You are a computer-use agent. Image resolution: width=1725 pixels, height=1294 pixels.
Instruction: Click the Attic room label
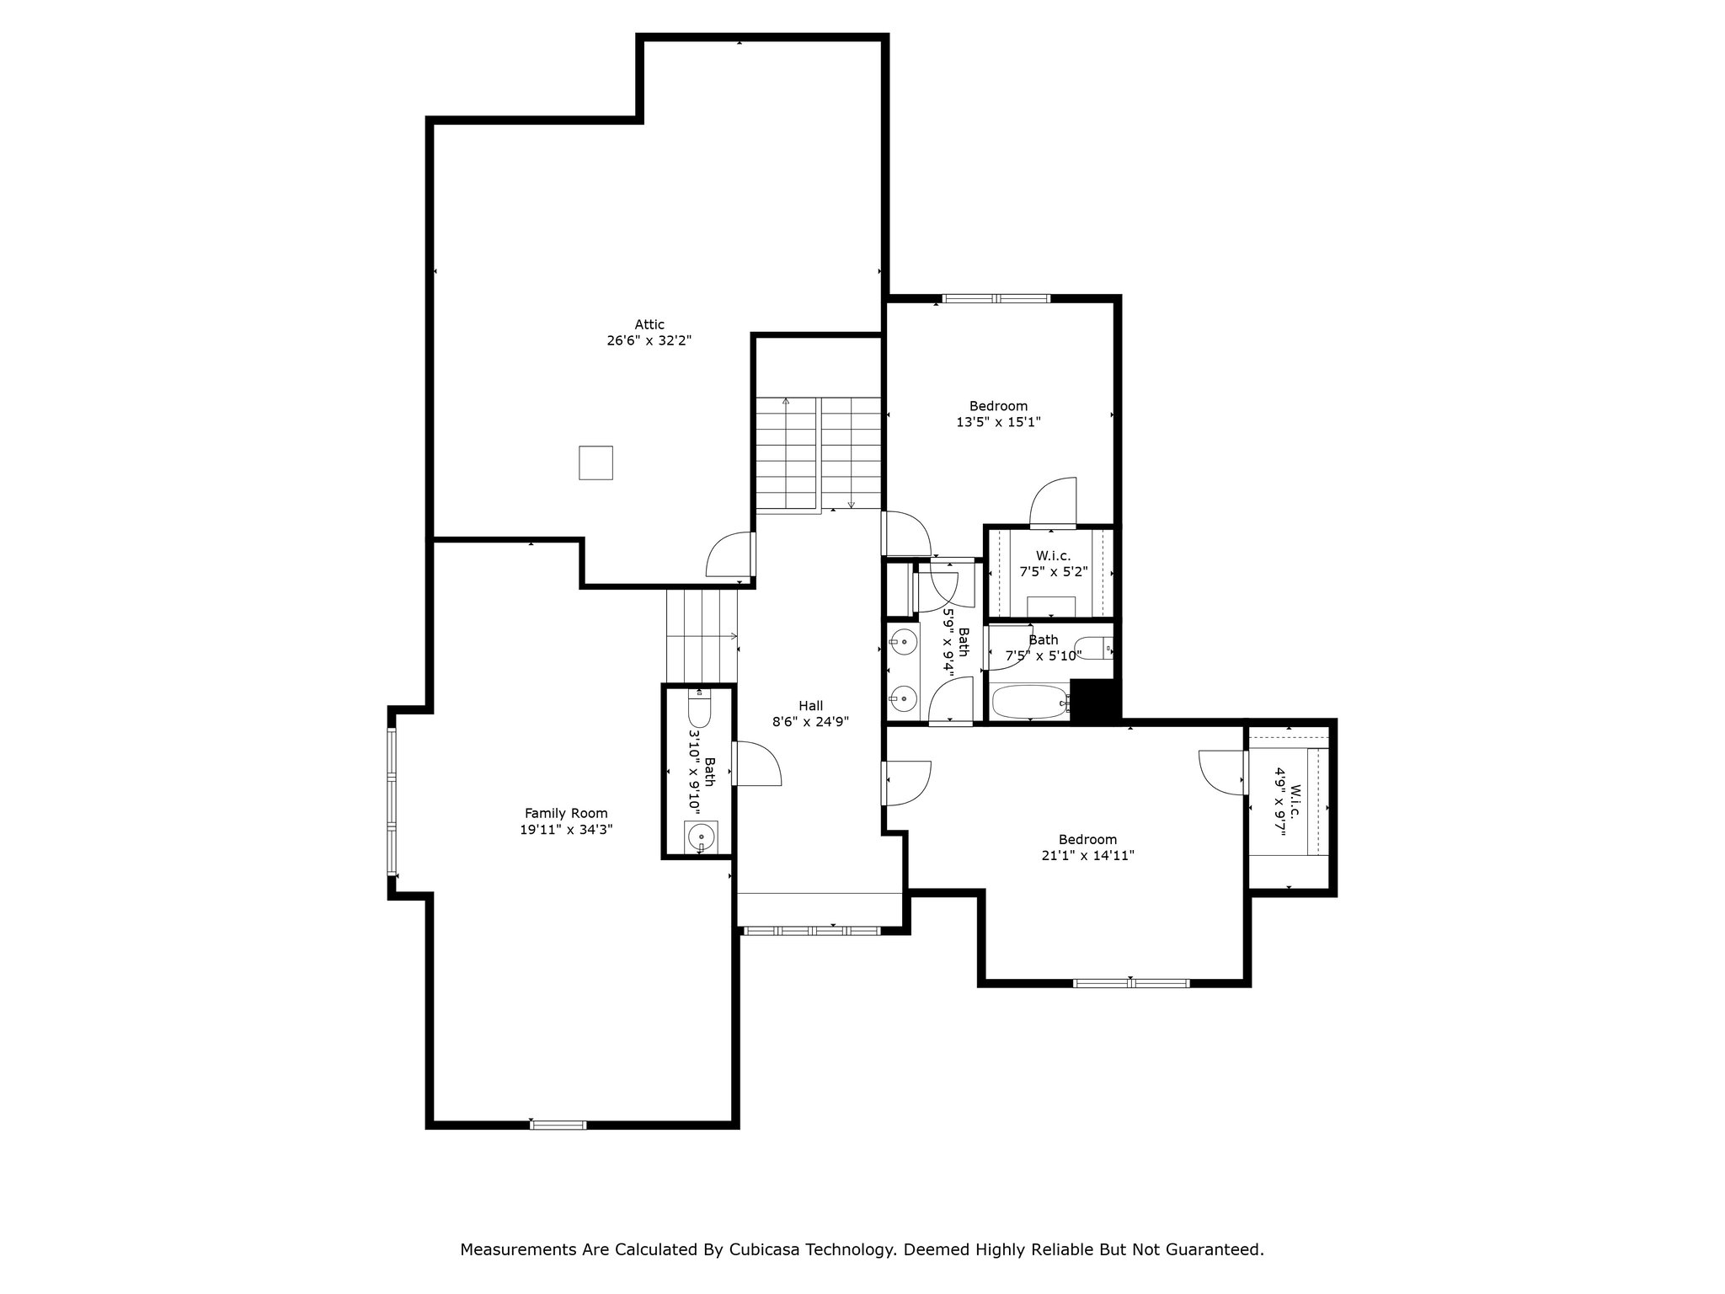[x=649, y=324]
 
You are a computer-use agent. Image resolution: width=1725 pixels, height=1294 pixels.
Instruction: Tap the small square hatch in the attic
[x=595, y=463]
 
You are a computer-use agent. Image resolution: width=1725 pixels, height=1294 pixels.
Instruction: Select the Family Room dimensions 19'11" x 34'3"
[x=565, y=829]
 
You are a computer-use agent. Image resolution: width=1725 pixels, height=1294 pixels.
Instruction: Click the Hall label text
[x=810, y=705]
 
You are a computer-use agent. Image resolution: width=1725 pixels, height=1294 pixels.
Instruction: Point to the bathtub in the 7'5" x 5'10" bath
[x=1030, y=702]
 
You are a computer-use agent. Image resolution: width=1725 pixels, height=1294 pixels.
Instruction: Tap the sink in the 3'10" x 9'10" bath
[x=701, y=837]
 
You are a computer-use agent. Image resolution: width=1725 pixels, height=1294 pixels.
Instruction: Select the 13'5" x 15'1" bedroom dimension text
[x=998, y=422]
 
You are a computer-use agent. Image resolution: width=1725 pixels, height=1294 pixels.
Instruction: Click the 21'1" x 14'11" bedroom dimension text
[x=1087, y=855]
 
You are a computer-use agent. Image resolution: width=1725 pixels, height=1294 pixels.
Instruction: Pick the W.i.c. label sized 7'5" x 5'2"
[x=1053, y=556]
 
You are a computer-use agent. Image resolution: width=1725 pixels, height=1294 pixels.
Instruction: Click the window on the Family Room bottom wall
[x=558, y=1124]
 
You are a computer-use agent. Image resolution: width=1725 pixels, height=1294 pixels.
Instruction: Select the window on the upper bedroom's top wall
[x=996, y=298]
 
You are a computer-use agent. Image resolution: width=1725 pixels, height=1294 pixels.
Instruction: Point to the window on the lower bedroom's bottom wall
[x=1131, y=982]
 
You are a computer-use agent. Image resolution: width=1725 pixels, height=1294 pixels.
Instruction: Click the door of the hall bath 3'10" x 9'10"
[x=756, y=763]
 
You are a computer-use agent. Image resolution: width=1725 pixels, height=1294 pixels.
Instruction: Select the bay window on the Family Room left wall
[x=392, y=801]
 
